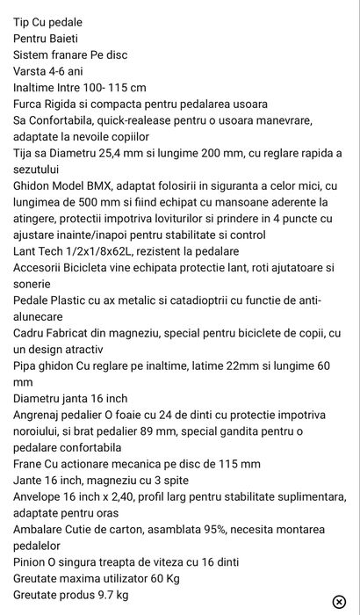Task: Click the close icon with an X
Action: click(339, 601)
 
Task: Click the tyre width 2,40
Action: click(131, 497)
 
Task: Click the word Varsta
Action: click(32, 71)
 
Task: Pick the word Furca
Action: click(30, 104)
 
